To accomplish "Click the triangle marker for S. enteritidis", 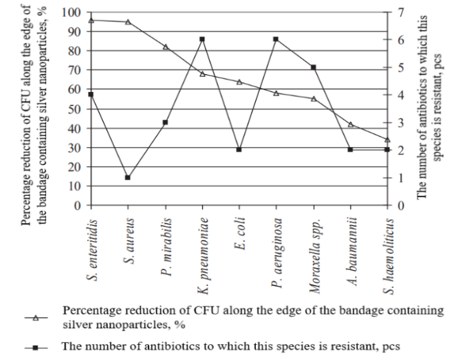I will [x=91, y=21].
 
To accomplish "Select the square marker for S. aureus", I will [x=128, y=177].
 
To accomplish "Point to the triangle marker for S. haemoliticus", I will [x=387, y=139].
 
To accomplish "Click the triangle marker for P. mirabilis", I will [x=165, y=47].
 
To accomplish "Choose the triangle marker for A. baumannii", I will [x=351, y=124].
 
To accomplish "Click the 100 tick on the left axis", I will [x=71, y=13].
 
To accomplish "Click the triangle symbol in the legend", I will [x=39, y=317].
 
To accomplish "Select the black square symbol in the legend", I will [x=39, y=346].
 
